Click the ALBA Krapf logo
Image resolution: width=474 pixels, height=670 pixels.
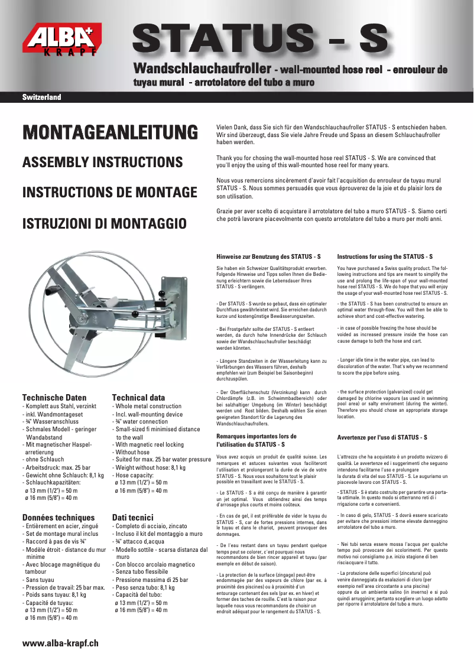pos(61,41)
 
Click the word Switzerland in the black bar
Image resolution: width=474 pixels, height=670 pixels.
pos(41,97)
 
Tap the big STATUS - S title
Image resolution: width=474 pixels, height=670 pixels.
pos(261,40)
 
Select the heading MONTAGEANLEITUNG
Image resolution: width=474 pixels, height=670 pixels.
pos(110,132)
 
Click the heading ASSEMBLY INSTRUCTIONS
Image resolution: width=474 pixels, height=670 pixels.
pos(102,162)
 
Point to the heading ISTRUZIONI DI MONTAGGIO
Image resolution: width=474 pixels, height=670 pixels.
pos(105,223)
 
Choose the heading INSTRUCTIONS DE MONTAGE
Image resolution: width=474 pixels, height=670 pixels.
pos(109,193)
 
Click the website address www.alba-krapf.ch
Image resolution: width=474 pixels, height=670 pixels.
pos(60,643)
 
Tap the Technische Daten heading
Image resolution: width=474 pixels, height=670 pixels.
pos(54,398)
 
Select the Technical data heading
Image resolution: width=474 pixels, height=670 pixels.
pos(138,398)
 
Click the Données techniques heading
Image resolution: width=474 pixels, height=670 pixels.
pos(58,517)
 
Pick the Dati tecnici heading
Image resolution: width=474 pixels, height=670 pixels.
pos(133,517)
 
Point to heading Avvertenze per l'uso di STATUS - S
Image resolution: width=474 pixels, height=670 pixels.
pos(382,437)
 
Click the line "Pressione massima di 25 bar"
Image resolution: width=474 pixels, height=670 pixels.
pos(152,580)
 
